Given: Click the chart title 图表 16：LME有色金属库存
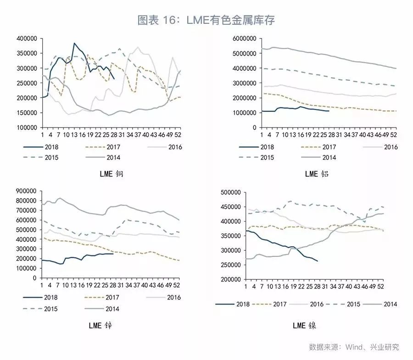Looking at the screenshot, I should tap(206, 20).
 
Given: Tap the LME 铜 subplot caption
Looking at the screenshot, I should tap(112, 174).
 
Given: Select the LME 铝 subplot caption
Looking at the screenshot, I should tap(317, 174).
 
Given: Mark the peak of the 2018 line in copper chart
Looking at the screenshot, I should tap(74, 44).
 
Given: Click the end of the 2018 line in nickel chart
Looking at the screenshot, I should tap(318, 261).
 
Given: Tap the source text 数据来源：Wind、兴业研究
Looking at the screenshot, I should tap(354, 347).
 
